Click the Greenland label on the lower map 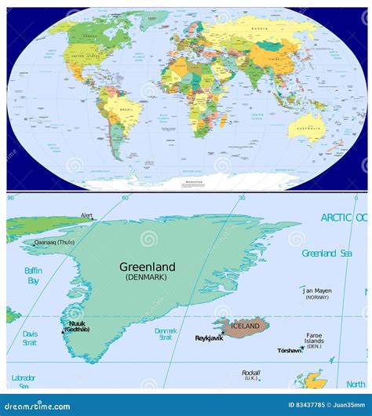coord(148,267)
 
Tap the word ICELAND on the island coord(246,325)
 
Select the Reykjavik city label coord(210,338)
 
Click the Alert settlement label coord(86,215)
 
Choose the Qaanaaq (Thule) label coord(54,243)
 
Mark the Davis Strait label coord(29,338)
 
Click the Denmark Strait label coord(166,335)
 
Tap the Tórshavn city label coord(289,351)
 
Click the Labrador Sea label coord(24,381)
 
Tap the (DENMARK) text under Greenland coord(147,278)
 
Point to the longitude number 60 coord(125,198)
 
